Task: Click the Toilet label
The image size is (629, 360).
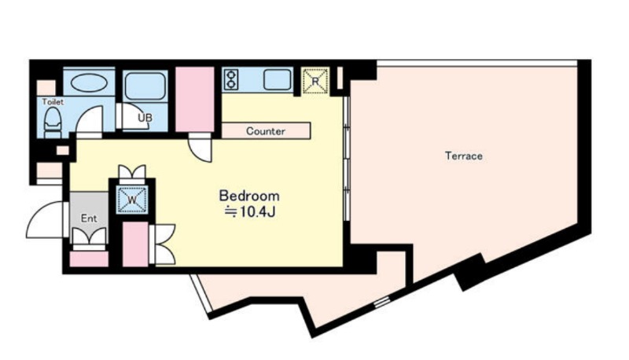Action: [53, 102]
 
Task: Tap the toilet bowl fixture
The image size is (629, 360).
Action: [52, 122]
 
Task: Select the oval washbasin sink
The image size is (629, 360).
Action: [89, 83]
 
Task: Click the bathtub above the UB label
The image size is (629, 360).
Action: [145, 86]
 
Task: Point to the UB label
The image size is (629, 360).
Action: [145, 118]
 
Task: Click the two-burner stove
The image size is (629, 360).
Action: [231, 79]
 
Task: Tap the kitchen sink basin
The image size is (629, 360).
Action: [278, 79]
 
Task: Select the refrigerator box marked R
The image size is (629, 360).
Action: [315, 81]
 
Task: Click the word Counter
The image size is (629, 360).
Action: [266, 131]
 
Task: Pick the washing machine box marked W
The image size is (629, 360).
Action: [132, 199]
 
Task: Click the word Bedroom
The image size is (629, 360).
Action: [249, 196]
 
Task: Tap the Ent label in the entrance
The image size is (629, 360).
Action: [89, 218]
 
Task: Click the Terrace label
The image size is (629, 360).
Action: [464, 156]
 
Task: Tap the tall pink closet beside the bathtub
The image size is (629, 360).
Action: [195, 99]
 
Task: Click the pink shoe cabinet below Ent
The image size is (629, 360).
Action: [89, 259]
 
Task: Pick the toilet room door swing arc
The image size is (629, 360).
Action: [89, 119]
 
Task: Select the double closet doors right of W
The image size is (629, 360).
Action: [163, 244]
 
